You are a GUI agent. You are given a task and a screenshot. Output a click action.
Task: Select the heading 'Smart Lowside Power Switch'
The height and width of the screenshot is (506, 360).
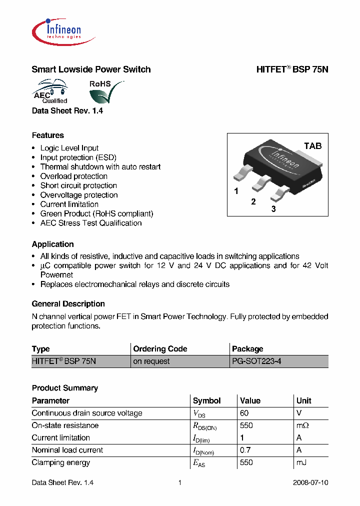pyautogui.click(x=91, y=69)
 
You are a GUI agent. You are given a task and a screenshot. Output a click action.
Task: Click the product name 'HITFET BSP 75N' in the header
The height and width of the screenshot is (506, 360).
pyautogui.click(x=292, y=69)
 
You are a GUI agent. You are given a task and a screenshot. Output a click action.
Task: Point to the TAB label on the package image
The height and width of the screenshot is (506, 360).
pyautogui.click(x=313, y=146)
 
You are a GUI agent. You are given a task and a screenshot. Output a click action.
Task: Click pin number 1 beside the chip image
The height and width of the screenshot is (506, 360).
pyautogui.click(x=236, y=191)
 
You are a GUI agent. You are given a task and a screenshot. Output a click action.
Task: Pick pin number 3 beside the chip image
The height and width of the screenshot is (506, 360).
pyautogui.click(x=273, y=209)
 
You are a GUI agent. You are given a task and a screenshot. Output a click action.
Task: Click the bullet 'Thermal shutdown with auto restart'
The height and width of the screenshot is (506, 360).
pyautogui.click(x=100, y=167)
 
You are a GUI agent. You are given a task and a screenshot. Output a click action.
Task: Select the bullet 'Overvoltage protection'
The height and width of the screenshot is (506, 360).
pyautogui.click(x=79, y=195)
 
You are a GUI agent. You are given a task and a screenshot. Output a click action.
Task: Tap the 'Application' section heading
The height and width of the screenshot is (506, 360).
pyautogui.click(x=52, y=244)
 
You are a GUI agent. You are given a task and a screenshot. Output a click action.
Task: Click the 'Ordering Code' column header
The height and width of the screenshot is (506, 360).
pyautogui.click(x=160, y=349)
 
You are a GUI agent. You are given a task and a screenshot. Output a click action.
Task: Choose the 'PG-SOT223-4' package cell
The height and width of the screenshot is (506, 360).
pyautogui.click(x=256, y=361)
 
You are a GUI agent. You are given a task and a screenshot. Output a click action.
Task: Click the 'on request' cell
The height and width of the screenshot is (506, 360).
pyautogui.click(x=151, y=361)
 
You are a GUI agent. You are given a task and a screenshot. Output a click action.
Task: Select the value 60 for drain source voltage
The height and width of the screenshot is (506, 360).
pyautogui.click(x=244, y=413)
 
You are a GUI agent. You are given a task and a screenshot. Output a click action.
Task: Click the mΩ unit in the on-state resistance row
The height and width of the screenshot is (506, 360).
pyautogui.click(x=303, y=425)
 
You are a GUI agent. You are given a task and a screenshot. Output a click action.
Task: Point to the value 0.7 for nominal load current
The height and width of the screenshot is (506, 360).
pyautogui.click(x=245, y=450)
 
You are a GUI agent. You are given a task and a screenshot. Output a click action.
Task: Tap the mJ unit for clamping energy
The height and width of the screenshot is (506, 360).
pyautogui.click(x=301, y=462)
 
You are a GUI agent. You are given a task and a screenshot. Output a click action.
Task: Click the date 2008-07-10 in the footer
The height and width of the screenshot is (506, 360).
pyautogui.click(x=310, y=483)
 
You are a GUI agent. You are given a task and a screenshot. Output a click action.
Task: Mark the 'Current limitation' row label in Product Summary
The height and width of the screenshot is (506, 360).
pyautogui.click(x=60, y=437)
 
